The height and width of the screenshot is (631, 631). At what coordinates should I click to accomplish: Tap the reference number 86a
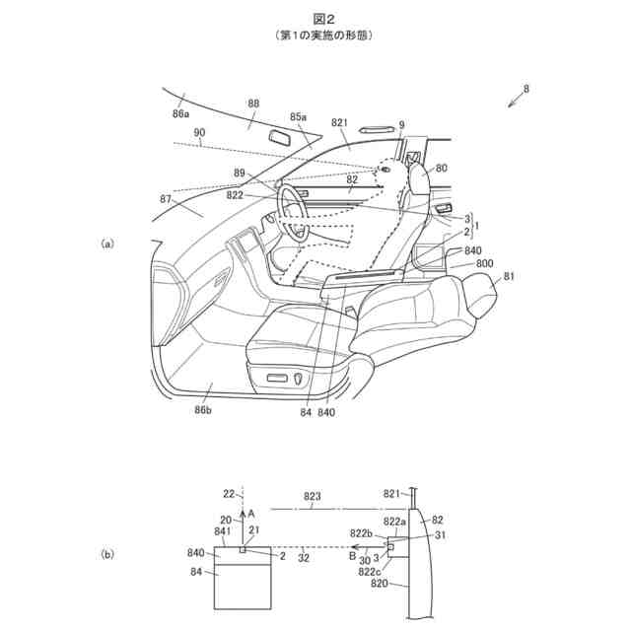point(181,113)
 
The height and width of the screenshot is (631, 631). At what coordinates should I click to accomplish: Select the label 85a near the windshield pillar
point(298,116)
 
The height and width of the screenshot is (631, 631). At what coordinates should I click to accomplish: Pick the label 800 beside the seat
point(484,264)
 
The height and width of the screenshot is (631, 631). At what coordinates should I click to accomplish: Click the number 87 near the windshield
point(165,199)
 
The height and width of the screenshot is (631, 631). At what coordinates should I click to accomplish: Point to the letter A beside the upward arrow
point(251,514)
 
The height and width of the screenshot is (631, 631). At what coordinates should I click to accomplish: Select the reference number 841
point(223,531)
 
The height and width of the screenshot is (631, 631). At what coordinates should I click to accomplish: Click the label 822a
point(394,522)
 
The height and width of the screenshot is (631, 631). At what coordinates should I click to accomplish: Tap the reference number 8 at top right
point(526,89)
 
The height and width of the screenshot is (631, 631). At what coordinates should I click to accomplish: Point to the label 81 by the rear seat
point(510,278)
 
